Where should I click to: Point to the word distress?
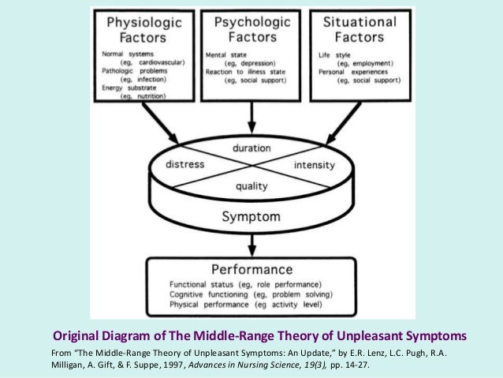click(x=186, y=165)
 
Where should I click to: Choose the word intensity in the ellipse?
click(x=314, y=166)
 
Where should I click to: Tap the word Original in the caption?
click(x=76, y=335)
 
